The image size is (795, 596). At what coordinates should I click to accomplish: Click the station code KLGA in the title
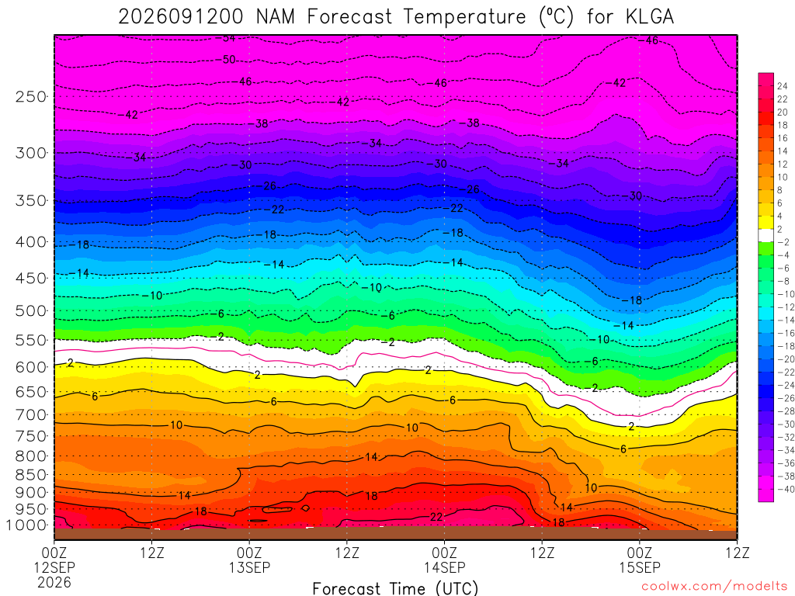[650, 17]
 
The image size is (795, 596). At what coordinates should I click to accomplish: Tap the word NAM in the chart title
[276, 17]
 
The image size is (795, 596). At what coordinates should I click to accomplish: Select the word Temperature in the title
[464, 17]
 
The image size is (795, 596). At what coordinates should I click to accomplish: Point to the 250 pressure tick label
[31, 96]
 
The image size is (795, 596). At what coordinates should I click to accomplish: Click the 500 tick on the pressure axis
[31, 310]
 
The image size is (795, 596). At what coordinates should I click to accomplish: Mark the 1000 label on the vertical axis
[26, 525]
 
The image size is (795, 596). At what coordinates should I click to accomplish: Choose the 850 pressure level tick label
[31, 475]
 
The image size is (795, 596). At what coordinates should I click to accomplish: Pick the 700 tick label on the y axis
[31, 415]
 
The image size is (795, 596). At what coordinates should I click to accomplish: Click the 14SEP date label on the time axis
[445, 567]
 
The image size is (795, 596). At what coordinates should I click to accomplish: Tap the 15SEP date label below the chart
[640, 567]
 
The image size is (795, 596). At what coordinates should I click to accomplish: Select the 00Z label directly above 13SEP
[249, 553]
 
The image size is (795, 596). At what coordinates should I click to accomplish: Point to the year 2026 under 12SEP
[54, 582]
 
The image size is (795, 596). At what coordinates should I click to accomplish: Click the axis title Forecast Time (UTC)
[395, 588]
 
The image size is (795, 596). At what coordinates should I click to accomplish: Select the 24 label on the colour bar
[783, 86]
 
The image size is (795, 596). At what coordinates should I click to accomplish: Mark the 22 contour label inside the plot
[436, 517]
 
